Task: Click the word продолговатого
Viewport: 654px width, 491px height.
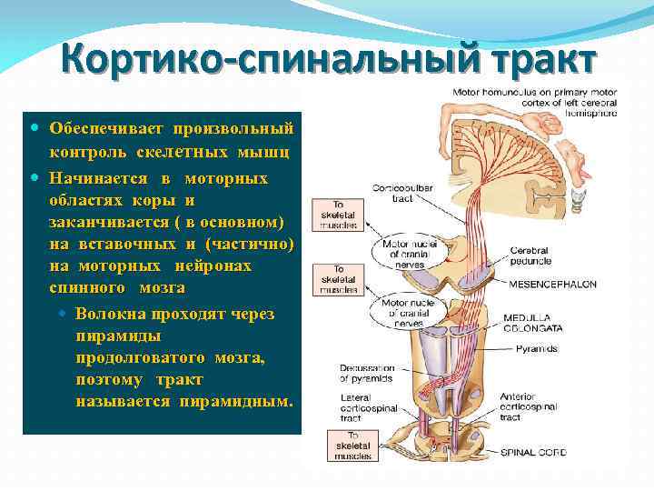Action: click(135, 358)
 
